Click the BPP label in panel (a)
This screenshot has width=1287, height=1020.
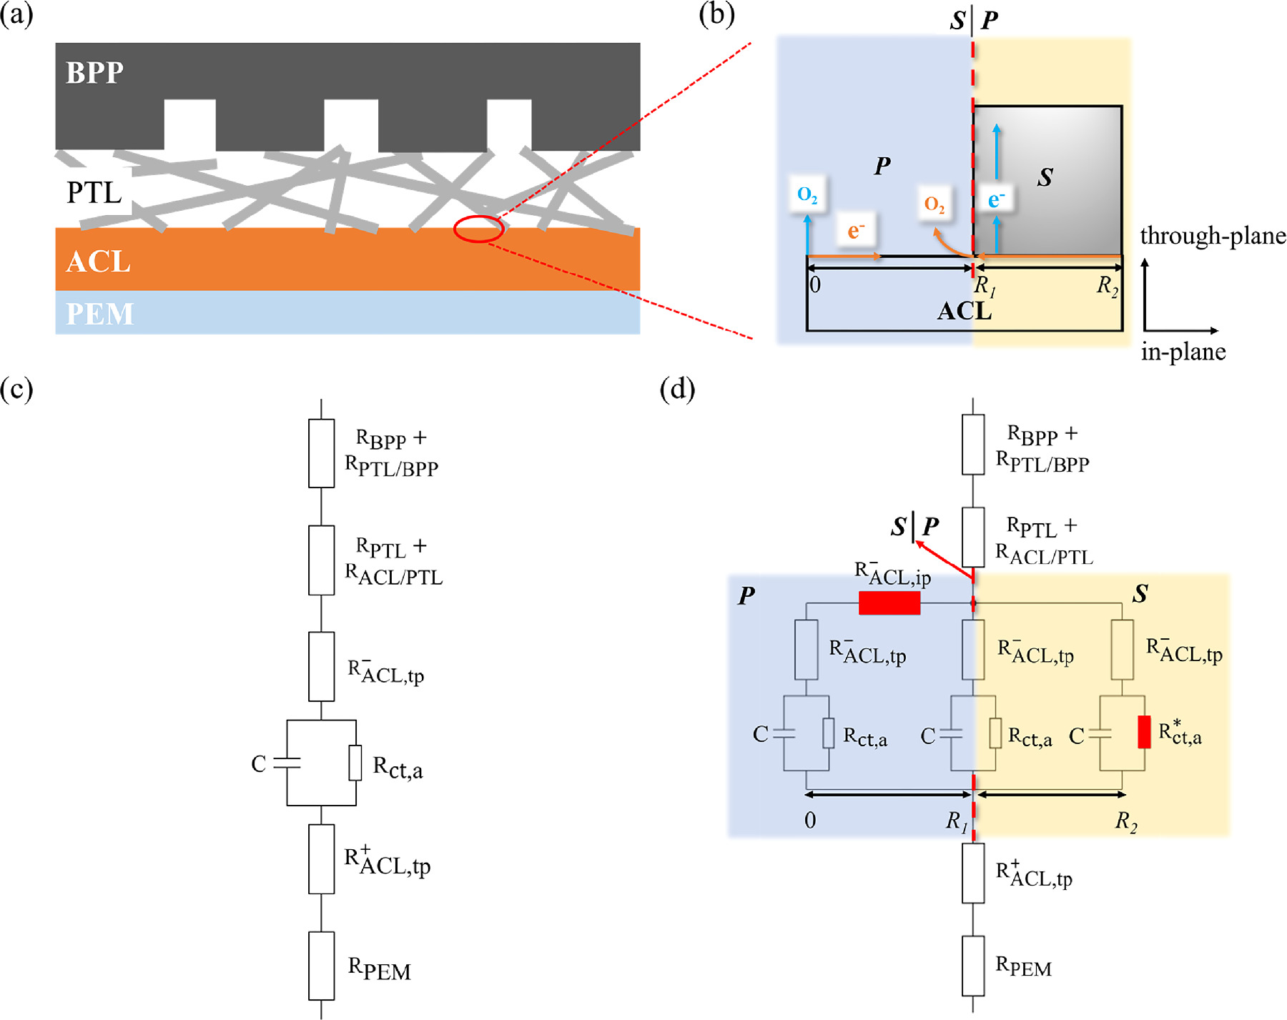click(94, 73)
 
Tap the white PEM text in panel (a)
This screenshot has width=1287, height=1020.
click(99, 314)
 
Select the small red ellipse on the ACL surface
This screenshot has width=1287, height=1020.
click(478, 229)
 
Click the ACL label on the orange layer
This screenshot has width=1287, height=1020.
click(98, 262)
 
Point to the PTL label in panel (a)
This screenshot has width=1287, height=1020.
click(94, 192)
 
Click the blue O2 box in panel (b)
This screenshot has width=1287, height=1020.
click(807, 194)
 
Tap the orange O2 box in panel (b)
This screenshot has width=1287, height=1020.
click(935, 204)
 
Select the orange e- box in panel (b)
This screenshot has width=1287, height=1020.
click(856, 230)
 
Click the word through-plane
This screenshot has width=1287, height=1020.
click(1213, 236)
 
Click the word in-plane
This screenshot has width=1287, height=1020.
click(1183, 352)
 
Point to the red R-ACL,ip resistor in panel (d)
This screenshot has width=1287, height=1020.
click(889, 603)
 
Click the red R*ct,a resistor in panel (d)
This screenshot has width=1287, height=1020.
click(1144, 732)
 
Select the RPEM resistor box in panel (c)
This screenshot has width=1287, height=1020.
click(321, 965)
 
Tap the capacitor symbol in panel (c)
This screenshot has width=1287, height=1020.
click(287, 763)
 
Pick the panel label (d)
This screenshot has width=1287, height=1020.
click(677, 389)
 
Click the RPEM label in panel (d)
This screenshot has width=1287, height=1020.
click(1023, 966)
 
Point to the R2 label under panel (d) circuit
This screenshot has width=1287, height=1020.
click(1126, 821)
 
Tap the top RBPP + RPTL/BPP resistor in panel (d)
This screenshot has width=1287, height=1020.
click(973, 444)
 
